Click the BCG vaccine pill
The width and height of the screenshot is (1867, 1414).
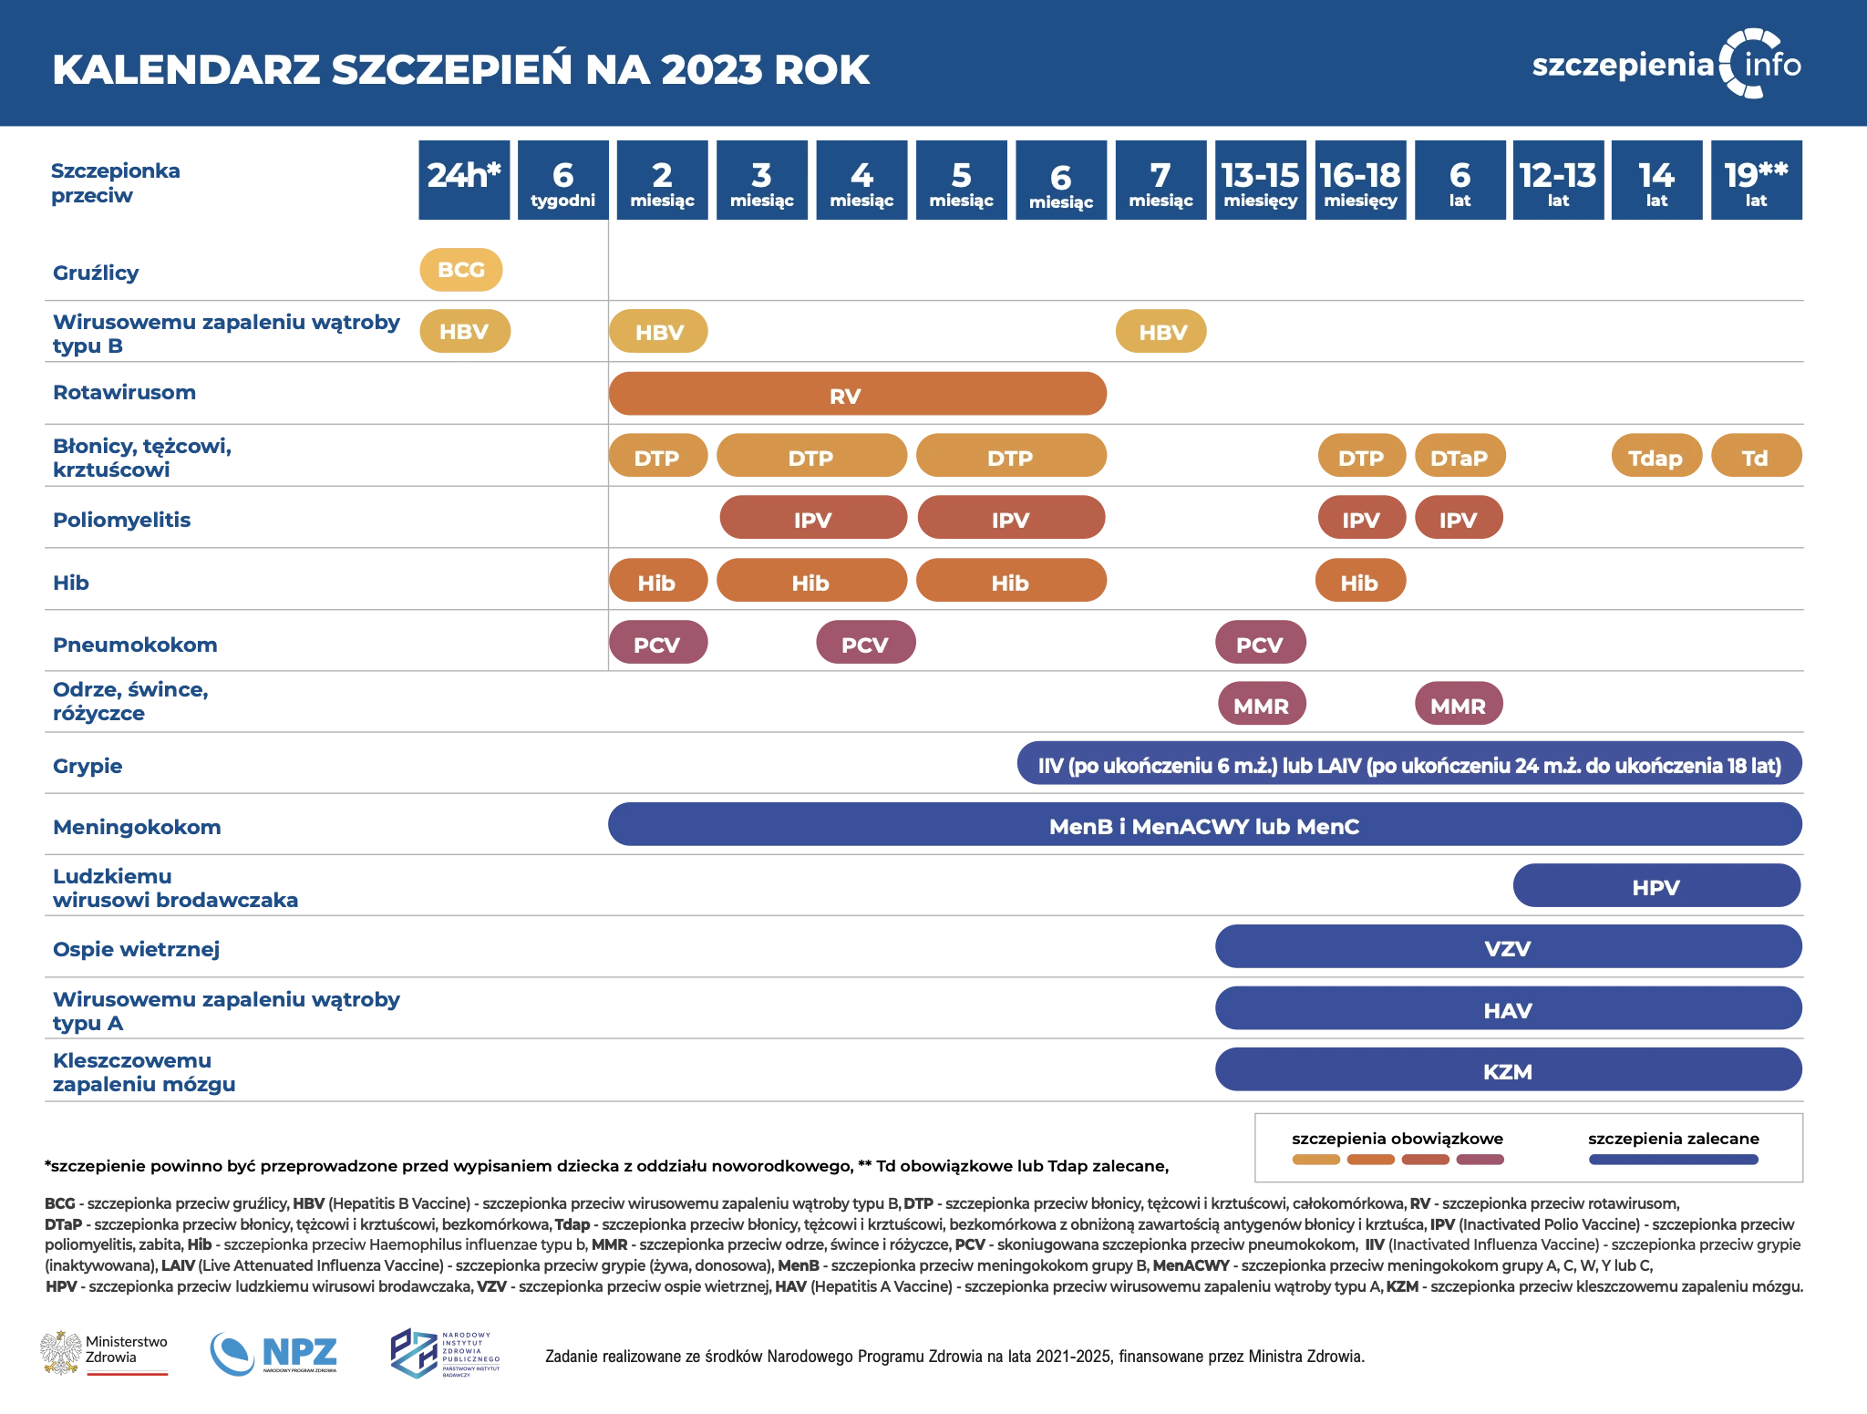click(x=460, y=270)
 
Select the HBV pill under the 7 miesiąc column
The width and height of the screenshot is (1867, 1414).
click(x=1162, y=332)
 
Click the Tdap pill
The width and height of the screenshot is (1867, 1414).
click(x=1656, y=458)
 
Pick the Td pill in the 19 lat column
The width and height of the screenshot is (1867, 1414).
click(x=1756, y=458)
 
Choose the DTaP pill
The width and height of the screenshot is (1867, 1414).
click(x=1459, y=458)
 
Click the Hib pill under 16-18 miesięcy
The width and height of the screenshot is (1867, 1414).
click(x=1359, y=583)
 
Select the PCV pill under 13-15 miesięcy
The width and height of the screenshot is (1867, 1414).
click(x=1260, y=645)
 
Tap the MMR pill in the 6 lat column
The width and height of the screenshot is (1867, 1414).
click(x=1458, y=706)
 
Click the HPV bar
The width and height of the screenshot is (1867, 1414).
click(x=1656, y=887)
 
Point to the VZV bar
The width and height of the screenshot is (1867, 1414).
click(x=1508, y=948)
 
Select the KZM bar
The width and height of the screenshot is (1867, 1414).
click(x=1508, y=1071)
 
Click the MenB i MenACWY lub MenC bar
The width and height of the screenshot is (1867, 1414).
click(x=1203, y=826)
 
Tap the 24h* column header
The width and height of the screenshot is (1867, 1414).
click(x=463, y=181)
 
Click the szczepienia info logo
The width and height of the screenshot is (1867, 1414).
click(x=1666, y=64)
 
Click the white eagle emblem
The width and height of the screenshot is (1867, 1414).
click(x=61, y=1351)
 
